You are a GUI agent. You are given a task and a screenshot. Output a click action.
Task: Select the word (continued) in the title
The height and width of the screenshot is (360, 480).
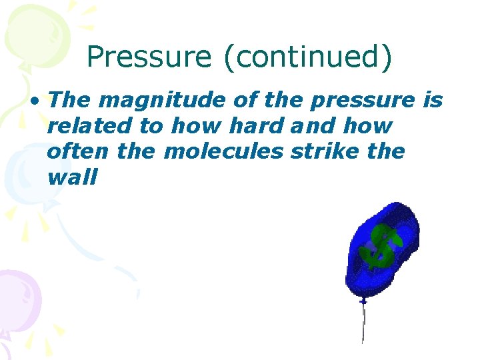(x=307, y=57)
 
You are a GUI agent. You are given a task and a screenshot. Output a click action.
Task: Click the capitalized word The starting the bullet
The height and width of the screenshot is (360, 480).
(x=70, y=100)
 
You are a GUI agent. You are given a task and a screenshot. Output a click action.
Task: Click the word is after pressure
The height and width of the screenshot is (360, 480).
(x=433, y=100)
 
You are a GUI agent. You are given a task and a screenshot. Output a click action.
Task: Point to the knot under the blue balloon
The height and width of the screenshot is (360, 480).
(x=363, y=302)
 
